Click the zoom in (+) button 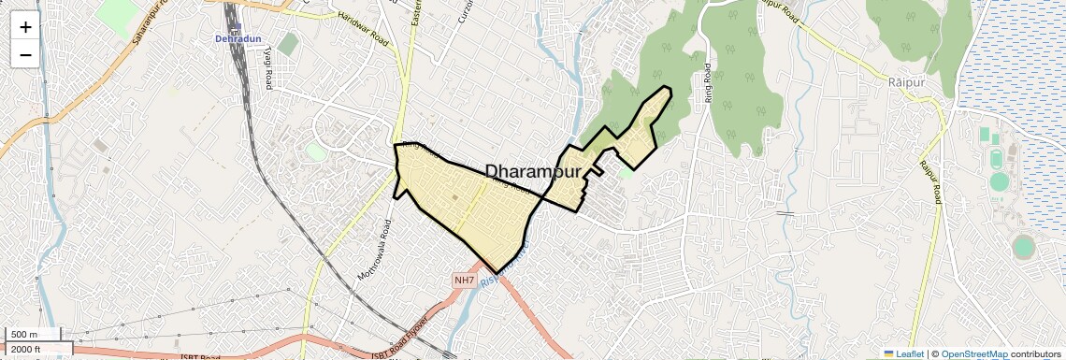25,27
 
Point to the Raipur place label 906,82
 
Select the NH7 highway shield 465,280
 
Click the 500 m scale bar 32,335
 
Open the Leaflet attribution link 902,354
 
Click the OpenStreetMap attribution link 973,354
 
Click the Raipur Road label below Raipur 929,182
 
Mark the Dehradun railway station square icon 238,27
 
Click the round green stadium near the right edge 1023,246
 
